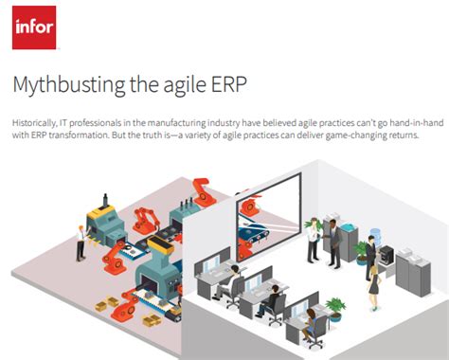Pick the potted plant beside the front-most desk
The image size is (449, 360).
pyautogui.click(x=333, y=309)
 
